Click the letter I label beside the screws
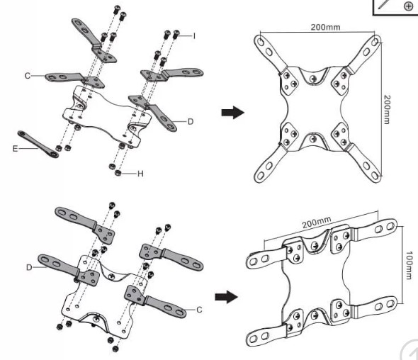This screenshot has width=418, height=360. pos(194,35)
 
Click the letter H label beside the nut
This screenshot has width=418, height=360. pos(140,174)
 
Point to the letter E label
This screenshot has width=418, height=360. pos(15,149)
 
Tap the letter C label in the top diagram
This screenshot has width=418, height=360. pos(28,76)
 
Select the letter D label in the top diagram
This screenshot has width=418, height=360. pos(191,122)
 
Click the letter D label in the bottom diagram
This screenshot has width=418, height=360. pos(29,267)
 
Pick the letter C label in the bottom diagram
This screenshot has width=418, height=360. pos(199,310)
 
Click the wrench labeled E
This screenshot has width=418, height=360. pos(38,144)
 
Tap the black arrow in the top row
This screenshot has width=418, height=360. pos(232,112)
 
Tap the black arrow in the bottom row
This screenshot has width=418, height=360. pos(226,297)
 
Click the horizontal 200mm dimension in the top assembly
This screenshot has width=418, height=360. pos(325,27)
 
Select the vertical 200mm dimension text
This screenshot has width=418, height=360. pos(387,109)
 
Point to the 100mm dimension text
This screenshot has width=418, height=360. pos(409,265)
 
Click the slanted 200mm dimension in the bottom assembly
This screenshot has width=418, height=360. pos(317,222)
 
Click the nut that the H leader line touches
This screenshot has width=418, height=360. pos(118,173)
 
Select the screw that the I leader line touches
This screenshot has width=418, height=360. pos(176,35)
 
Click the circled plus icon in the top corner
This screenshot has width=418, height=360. pos(408,6)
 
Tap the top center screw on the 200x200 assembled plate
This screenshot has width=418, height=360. pos(314,79)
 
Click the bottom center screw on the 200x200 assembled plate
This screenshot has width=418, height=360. pos(314,139)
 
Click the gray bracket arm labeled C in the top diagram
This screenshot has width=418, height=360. pos(74,79)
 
